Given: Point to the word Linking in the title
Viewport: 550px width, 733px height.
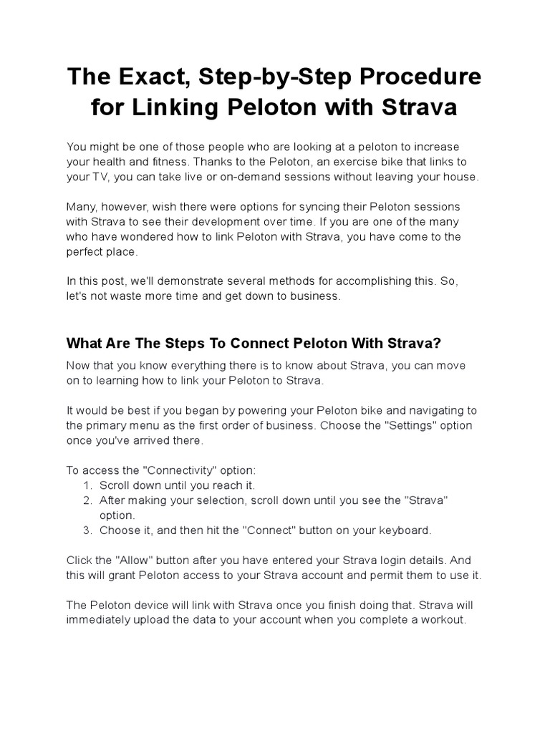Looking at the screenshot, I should [185, 108].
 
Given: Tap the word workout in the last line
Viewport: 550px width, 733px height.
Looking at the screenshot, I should [443, 621].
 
